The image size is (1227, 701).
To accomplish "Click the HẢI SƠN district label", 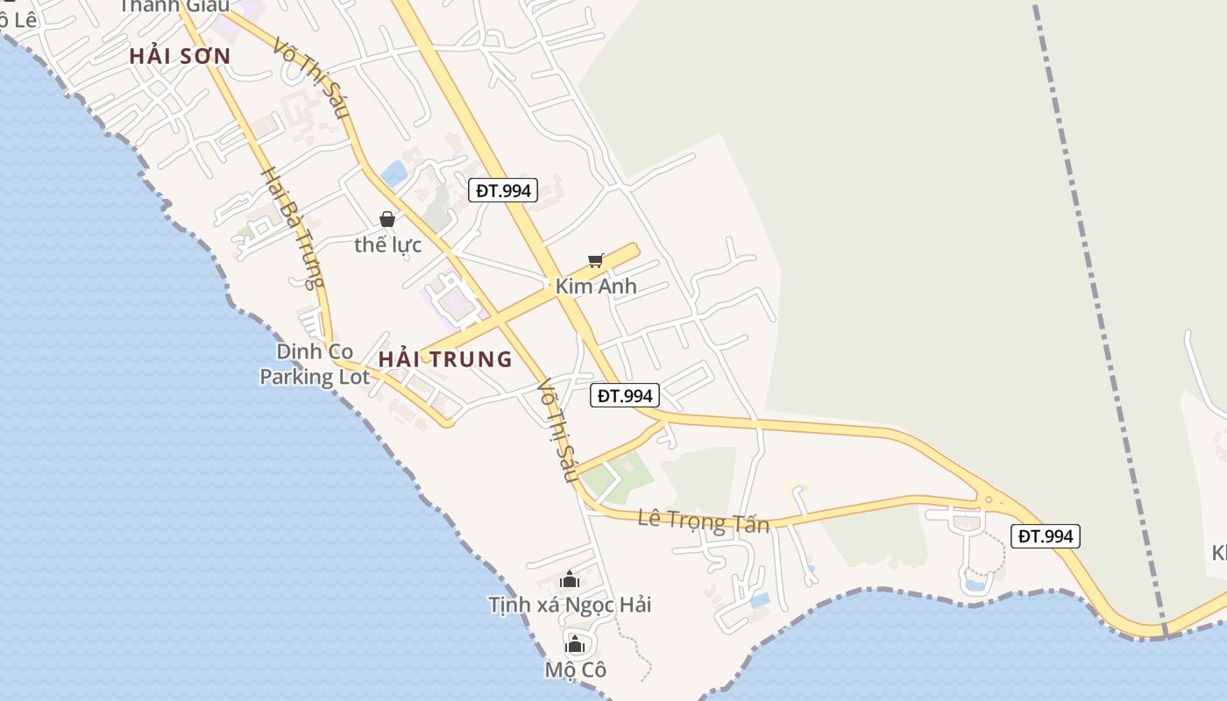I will click(180, 57).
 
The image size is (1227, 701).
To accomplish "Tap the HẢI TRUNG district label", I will click(445, 359).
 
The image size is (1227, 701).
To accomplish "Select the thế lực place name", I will click(387, 245).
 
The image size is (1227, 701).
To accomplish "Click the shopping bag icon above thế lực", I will click(387, 219).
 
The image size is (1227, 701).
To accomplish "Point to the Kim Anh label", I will click(596, 287).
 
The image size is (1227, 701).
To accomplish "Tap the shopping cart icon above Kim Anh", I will click(596, 260).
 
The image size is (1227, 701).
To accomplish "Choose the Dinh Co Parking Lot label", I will click(315, 365).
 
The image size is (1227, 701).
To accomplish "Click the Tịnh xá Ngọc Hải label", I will click(570, 605).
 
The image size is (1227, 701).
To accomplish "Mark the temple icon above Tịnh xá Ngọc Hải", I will click(570, 579).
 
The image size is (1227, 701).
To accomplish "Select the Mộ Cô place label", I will click(575, 670).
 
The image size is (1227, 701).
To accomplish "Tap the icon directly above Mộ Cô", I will click(575, 646).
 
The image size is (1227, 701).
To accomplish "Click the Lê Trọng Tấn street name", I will click(703, 521).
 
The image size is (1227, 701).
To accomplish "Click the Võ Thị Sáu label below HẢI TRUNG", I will click(557, 429).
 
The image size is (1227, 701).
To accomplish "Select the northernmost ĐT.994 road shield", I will click(502, 190).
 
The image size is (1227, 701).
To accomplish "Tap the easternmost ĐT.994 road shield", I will click(1045, 536).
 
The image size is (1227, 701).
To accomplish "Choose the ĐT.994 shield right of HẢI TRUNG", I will click(624, 396).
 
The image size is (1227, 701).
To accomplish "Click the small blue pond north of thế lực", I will click(394, 173).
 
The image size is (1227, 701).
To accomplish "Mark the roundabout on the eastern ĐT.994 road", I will click(989, 500).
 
